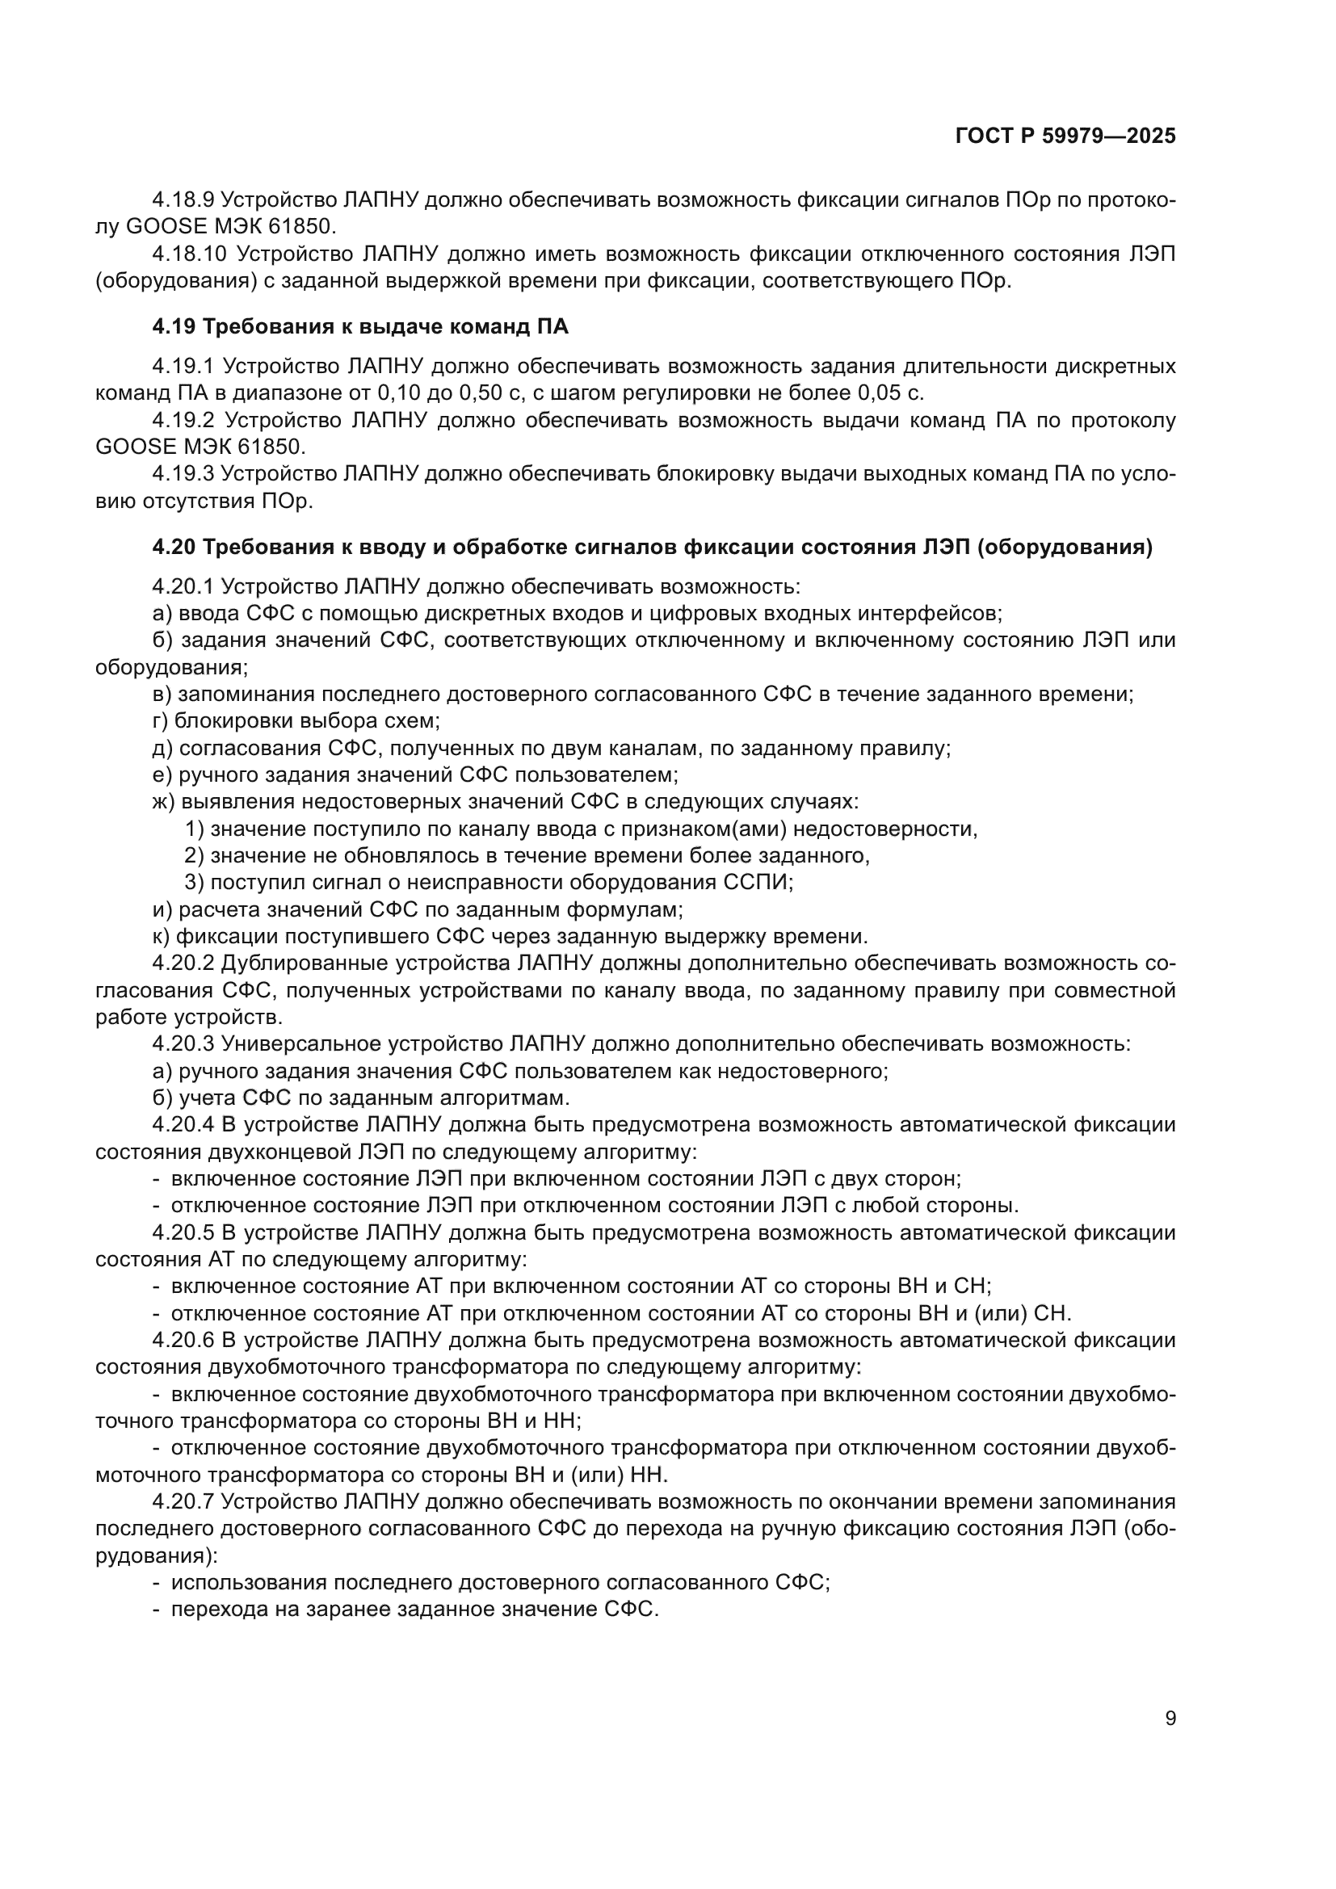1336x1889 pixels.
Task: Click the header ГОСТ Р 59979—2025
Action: click(x=1065, y=136)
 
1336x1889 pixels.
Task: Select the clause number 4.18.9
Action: click(x=183, y=200)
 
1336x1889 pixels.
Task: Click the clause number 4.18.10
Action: click(x=189, y=254)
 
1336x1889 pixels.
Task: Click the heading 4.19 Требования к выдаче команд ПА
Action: click(x=359, y=326)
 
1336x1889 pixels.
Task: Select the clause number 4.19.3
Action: click(x=183, y=474)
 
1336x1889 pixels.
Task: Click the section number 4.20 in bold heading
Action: click(x=174, y=547)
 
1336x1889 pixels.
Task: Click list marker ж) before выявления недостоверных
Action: click(x=163, y=801)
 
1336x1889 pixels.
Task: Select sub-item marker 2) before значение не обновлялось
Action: click(x=194, y=855)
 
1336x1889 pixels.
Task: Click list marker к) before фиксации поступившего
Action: click(x=161, y=936)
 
